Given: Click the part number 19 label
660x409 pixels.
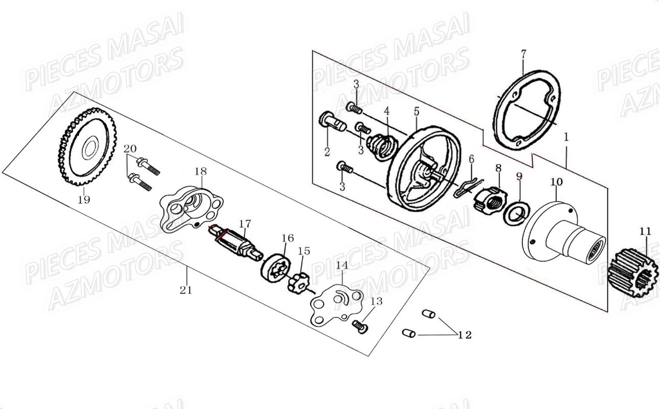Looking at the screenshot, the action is pos(84,200).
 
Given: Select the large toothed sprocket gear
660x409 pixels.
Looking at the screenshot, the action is pos(86,147).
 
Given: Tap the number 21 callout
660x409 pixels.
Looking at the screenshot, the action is pos(186,290).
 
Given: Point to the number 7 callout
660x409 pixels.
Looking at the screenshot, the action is pos(523,54).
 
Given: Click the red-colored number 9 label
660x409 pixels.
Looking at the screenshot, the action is pos(519,177).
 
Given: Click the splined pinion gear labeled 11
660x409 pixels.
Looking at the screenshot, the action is pos(633,272).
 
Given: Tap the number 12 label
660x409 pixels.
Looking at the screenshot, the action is pos(464,335).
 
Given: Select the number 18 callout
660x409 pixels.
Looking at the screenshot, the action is pos(200,171).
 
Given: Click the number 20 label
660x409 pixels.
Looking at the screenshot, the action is pos(130,148).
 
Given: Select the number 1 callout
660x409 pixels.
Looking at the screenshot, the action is pos(566,137).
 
